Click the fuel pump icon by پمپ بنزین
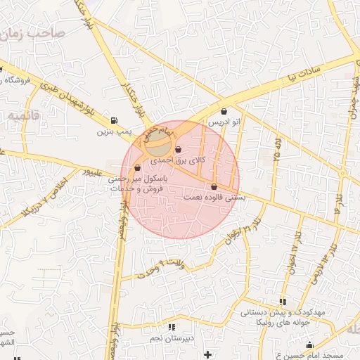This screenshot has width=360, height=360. pyautogui.click(x=114, y=120)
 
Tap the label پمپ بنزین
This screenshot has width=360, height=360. pyautogui.click(x=115, y=131)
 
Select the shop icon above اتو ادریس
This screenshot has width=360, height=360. pyautogui.click(x=224, y=111)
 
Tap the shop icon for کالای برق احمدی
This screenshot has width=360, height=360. pyautogui.click(x=178, y=149)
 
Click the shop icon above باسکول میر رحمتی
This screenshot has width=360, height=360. pyautogui.click(x=137, y=168)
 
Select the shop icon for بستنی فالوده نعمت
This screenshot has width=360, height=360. pyautogui.click(x=214, y=186)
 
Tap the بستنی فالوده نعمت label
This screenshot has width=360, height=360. pyautogui.click(x=214, y=198)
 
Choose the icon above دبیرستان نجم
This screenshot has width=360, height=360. pyautogui.click(x=172, y=327)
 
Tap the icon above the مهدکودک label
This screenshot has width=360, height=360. pyautogui.click(x=283, y=302)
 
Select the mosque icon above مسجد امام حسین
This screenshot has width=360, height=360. pyautogui.click(x=310, y=345)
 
